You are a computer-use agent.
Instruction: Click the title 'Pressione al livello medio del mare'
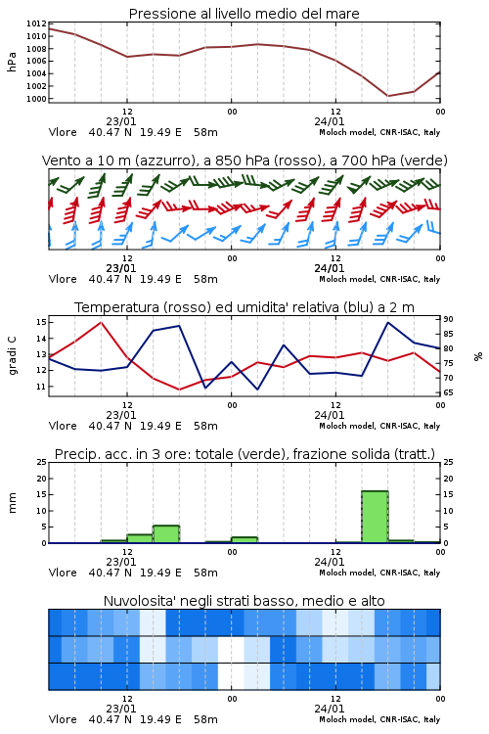(244, 14)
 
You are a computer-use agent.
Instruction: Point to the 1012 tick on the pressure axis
(36, 23)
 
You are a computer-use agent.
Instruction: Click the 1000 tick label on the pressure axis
(36, 99)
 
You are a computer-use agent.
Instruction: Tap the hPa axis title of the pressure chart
(12, 62)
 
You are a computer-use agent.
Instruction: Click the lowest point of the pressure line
(387, 96)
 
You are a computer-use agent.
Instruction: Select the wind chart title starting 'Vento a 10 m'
(244, 161)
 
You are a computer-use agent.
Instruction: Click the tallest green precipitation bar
(375, 517)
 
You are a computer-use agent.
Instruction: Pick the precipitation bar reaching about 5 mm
(166, 534)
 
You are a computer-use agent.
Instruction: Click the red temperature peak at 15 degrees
(101, 322)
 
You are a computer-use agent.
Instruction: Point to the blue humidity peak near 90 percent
(387, 322)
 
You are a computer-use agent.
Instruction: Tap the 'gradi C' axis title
(12, 355)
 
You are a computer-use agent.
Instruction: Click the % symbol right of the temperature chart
(478, 356)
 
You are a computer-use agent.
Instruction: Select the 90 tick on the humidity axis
(448, 319)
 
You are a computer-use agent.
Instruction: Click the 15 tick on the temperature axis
(41, 322)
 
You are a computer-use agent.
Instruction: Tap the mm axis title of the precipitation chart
(12, 503)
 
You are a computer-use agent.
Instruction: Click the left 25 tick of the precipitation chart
(42, 462)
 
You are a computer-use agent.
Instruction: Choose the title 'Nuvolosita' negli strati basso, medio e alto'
(244, 601)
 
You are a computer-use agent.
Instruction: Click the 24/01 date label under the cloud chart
(329, 709)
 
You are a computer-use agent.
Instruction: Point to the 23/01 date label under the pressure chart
(120, 121)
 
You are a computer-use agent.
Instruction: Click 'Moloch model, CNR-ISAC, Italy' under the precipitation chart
(379, 573)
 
